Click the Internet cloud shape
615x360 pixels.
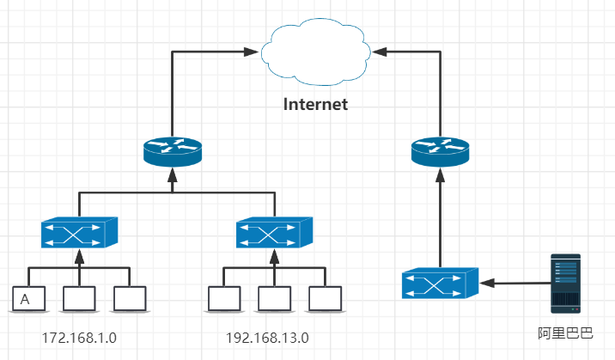coord(316,53)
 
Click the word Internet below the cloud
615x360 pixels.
coord(316,105)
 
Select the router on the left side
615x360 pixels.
coord(172,152)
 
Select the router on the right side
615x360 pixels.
coord(441,152)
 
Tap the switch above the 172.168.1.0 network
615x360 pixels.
coord(79,233)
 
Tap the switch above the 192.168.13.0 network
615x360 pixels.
coord(274,233)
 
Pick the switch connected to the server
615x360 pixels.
coord(439,283)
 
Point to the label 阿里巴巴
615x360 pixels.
coord(565,333)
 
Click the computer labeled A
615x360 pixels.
coord(28,298)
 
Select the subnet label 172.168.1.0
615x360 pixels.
coord(79,338)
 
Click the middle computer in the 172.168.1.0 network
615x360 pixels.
coord(79,298)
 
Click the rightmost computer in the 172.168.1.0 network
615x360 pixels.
coord(130,298)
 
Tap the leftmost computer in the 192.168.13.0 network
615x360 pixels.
coord(224,298)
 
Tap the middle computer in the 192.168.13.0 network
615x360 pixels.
coord(275,298)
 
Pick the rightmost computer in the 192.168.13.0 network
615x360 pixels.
coord(326,298)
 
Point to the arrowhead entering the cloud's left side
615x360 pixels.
coord(256,53)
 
